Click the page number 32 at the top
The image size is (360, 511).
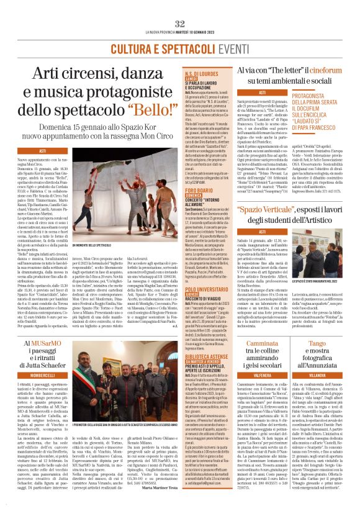tap(180, 23)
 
